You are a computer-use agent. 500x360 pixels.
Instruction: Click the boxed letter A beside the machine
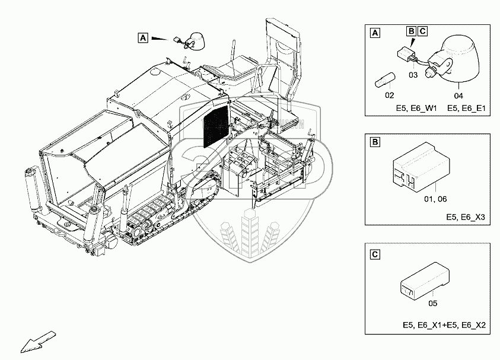coord(142,37)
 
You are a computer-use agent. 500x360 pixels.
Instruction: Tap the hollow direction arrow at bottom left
coord(29,342)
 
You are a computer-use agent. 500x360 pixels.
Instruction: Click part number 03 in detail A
coord(413,75)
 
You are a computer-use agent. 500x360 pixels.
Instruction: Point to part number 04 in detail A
coord(458,94)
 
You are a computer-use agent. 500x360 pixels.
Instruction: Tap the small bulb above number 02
coord(386,79)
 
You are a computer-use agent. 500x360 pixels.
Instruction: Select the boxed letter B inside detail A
coord(411,30)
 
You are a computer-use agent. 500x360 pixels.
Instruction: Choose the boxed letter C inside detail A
coord(422,30)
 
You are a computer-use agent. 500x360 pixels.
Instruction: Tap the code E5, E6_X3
coord(466,217)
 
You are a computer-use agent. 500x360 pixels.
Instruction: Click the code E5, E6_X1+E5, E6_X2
coord(444,326)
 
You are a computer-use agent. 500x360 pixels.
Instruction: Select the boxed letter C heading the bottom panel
coord(374,254)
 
